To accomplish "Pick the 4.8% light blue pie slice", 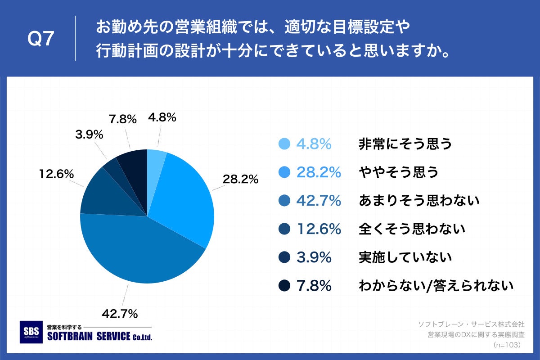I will coord(155,160).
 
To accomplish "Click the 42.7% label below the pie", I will coord(120,314).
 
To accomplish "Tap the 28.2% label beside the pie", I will coord(240,179).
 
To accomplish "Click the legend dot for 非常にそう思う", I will coord(284,144).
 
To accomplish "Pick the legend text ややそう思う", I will coord(398,172).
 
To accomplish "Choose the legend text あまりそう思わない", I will coord(419,201).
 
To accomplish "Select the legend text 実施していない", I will coord(405,257).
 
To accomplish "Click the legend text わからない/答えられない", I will coord(436,286).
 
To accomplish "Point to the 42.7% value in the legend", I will coord(318,201).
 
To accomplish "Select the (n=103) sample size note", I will coord(507,345).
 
